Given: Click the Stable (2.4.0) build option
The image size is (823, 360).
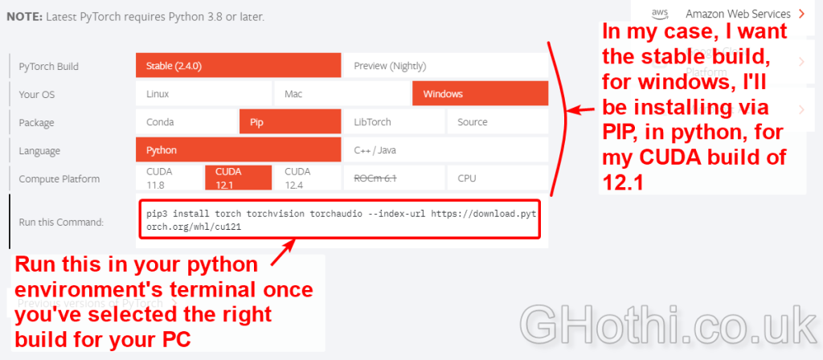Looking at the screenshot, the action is click(238, 66).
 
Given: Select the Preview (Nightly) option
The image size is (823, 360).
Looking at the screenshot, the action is click(445, 66).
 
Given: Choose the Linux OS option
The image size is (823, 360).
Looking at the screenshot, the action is click(203, 94).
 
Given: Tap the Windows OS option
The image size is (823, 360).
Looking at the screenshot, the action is click(481, 94).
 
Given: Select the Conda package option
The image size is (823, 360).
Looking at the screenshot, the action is click(186, 122).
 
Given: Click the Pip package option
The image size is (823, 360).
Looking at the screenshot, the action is click(290, 122).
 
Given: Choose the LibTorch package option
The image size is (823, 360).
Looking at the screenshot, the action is click(394, 122).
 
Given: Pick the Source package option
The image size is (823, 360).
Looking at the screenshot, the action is click(497, 122).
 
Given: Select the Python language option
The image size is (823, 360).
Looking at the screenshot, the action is click(238, 150).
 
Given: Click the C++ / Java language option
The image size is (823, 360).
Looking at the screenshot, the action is click(445, 150).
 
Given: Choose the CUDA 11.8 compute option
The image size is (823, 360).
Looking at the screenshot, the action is click(169, 178).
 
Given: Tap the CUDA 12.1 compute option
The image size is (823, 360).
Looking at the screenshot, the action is click(238, 178).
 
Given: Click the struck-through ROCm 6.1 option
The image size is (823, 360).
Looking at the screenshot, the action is click(394, 178).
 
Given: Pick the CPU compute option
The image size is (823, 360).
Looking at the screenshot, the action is click(497, 178).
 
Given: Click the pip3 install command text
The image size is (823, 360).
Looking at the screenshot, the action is click(339, 220).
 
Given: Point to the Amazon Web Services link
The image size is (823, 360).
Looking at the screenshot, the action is click(738, 14).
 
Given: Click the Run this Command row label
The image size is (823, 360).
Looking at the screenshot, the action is click(61, 222).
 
